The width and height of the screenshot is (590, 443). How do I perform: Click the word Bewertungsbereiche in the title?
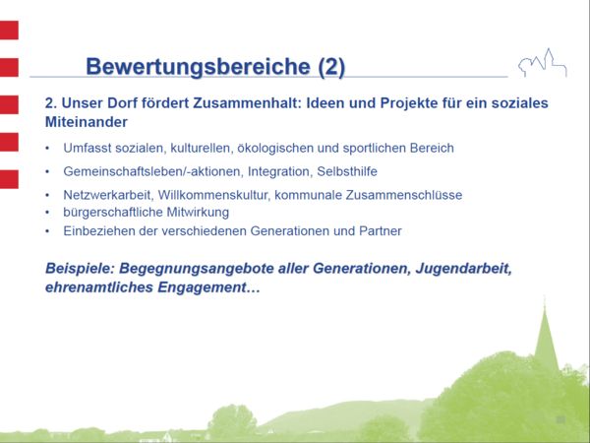click(x=198, y=66)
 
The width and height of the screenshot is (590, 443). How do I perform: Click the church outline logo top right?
click(x=543, y=63)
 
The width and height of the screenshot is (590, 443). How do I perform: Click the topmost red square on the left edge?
click(x=8, y=31)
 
